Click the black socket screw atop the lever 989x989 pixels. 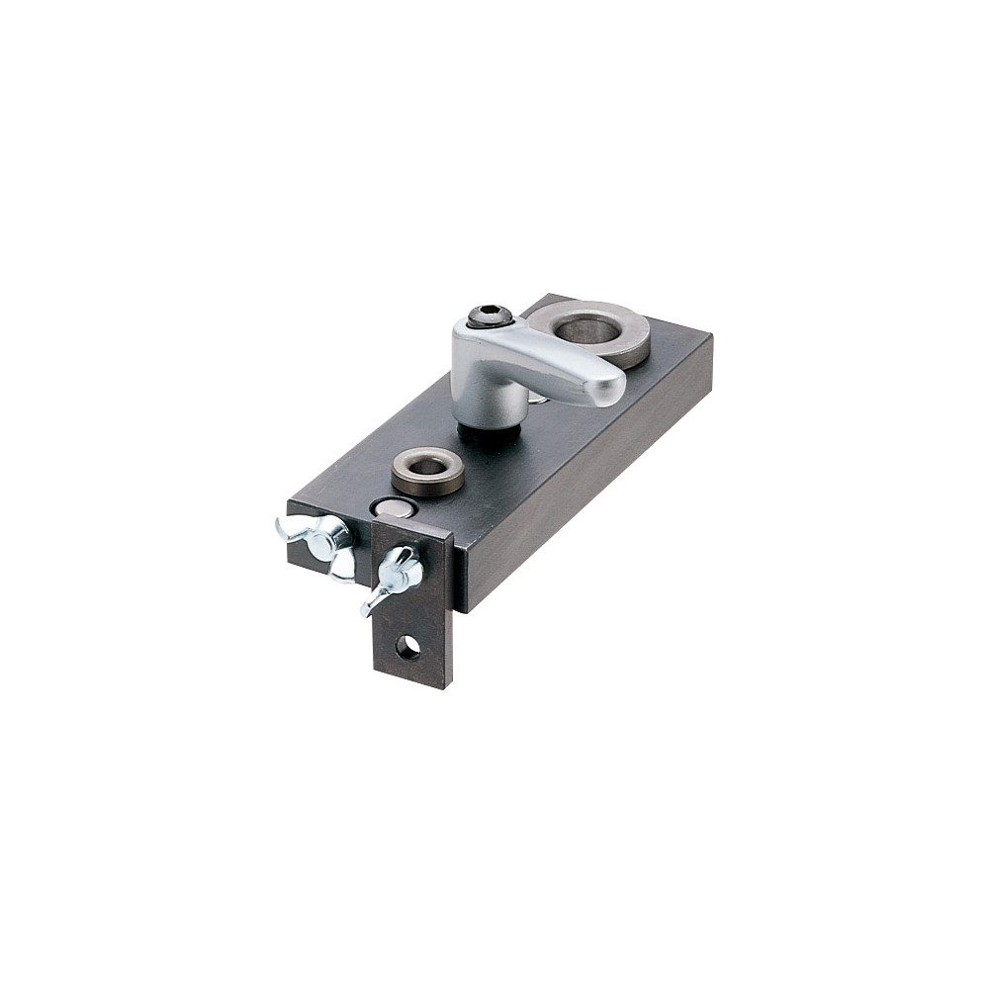coord(489,318)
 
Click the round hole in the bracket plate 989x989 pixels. coord(405,648)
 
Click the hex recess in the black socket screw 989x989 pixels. coord(489,316)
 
